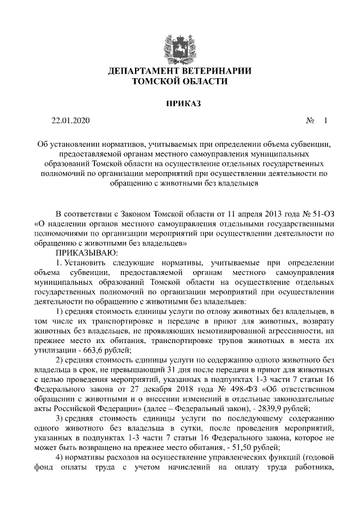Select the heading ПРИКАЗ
(179, 103)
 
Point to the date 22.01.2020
(70, 121)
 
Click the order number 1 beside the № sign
(325, 121)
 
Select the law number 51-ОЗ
(317, 214)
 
